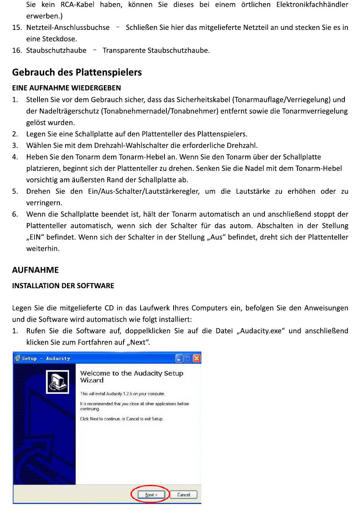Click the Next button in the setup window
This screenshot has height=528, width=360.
[x=151, y=495]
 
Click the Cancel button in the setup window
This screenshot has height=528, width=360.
[x=183, y=495]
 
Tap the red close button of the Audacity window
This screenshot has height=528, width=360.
[x=197, y=358]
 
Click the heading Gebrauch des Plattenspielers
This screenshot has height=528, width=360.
[x=77, y=72]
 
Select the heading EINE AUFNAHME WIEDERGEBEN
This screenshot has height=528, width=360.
[x=66, y=88]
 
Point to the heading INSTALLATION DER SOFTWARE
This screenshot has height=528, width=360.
[x=63, y=286]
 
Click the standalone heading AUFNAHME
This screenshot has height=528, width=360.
[x=35, y=270]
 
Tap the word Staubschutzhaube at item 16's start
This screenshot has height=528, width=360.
[x=56, y=50]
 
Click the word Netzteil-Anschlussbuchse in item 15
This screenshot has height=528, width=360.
[x=68, y=28]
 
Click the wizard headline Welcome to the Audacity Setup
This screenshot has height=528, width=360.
[x=131, y=373]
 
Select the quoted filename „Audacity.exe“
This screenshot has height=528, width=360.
[x=260, y=331]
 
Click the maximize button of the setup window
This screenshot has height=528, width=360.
[x=188, y=358]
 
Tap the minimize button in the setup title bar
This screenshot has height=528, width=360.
[x=179, y=358]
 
